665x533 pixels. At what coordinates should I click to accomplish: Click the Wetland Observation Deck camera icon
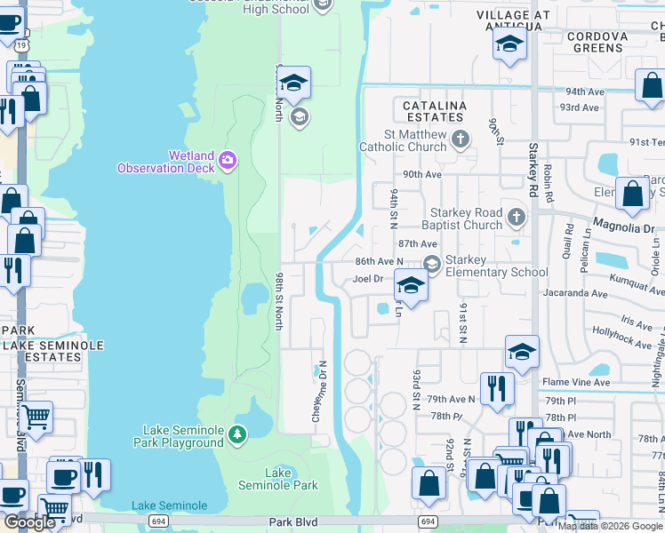pyautogui.click(x=228, y=160)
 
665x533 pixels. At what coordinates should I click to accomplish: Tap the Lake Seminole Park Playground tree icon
pyautogui.click(x=236, y=434)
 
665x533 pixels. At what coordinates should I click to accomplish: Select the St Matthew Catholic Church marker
pyautogui.click(x=460, y=139)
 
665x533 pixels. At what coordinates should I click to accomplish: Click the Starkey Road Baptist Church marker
pyautogui.click(x=516, y=218)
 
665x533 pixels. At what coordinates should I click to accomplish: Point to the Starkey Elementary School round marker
pyautogui.click(x=432, y=264)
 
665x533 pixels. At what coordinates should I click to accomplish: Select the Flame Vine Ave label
pyautogui.click(x=576, y=383)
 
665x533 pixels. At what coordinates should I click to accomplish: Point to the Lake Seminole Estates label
pyautogui.click(x=52, y=350)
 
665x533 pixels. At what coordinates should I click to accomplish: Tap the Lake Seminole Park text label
pyautogui.click(x=278, y=479)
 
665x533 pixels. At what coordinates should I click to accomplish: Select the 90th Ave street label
pyautogui.click(x=422, y=175)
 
